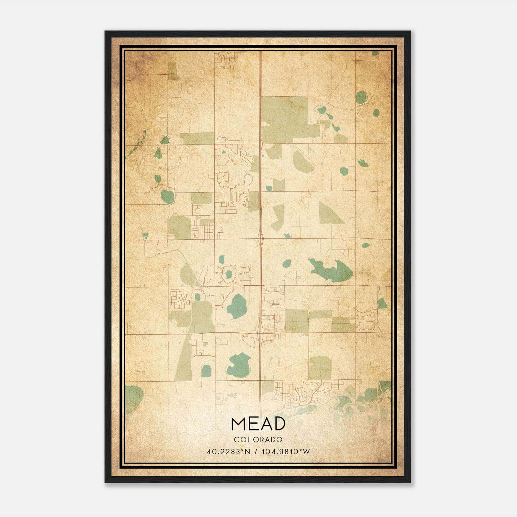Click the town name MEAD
258,424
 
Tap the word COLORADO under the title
258,440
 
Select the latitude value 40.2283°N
229,451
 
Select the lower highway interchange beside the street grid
260,333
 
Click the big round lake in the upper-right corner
361,97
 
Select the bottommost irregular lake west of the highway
238,365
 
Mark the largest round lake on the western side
167,196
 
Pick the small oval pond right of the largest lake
365,246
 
